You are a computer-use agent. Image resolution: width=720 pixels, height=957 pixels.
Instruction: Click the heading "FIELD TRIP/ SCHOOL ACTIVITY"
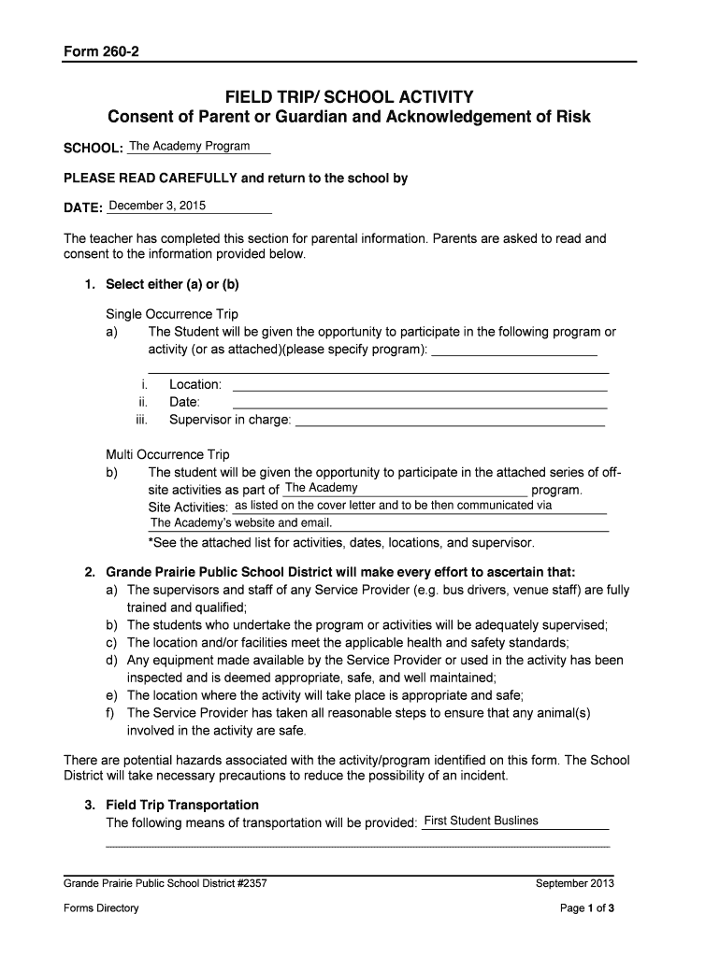349,97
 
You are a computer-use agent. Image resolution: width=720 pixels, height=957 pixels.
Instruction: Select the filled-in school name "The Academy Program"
190,147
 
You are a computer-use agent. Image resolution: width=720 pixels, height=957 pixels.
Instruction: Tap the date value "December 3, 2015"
158,206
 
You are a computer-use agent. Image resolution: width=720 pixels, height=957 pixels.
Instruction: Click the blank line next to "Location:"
420,386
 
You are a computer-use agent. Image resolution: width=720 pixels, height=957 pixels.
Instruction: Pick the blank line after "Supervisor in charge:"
450,421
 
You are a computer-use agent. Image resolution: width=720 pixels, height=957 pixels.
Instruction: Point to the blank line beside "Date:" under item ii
420,404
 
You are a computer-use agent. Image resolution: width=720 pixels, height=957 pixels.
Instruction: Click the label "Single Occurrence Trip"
172,314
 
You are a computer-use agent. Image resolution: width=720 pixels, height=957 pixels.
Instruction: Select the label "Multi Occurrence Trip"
167,454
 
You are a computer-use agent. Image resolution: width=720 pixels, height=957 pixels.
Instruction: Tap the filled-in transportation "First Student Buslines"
481,821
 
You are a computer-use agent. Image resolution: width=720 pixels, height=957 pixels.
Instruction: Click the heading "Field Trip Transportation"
182,805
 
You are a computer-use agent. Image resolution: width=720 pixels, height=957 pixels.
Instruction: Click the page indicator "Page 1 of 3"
586,907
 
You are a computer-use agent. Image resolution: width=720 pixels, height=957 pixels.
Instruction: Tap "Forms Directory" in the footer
101,907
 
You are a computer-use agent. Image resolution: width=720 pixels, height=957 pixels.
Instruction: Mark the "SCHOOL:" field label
93,150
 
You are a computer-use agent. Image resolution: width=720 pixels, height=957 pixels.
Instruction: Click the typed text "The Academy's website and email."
241,523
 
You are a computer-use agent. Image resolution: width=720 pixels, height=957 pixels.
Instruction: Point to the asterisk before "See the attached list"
151,543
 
